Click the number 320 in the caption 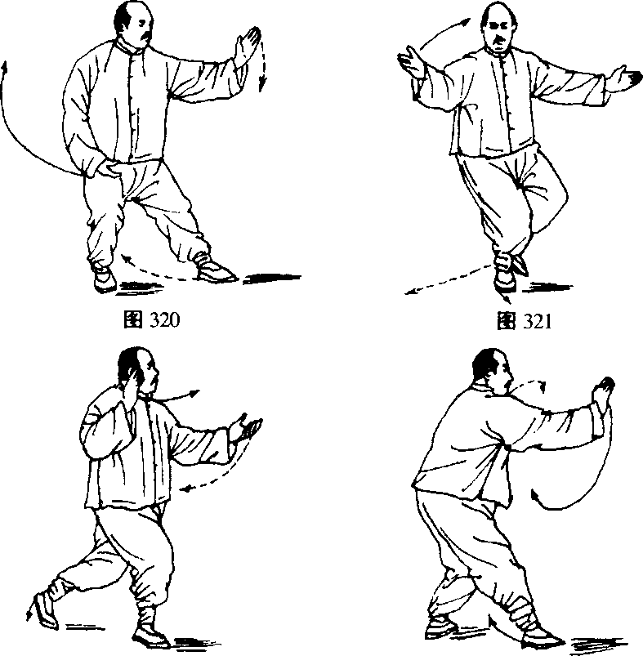coord(164,320)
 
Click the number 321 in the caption coord(536,321)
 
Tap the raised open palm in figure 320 coord(247,46)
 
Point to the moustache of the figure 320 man coord(146,38)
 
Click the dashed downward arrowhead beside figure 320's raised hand coord(262,84)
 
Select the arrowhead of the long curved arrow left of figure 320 coord(5,67)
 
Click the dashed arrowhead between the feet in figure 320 coord(126,259)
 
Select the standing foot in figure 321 coord(505,279)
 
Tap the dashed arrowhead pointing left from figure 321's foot coord(412,292)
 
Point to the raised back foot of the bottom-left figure coord(46,611)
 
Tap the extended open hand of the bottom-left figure coord(247,427)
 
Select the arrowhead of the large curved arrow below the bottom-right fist coord(535,497)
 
